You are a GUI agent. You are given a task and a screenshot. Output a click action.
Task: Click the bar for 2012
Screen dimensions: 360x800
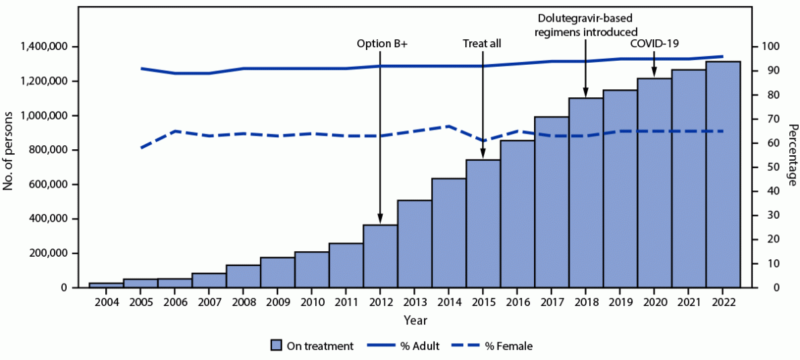pyautogui.click(x=380, y=257)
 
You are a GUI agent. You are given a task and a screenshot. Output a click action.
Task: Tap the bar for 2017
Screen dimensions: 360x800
pyautogui.click(x=552, y=203)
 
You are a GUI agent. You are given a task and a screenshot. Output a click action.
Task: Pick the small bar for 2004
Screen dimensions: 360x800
pyautogui.click(x=106, y=285)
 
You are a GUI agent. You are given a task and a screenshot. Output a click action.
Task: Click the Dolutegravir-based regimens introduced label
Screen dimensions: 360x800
pyautogui.click(x=585, y=26)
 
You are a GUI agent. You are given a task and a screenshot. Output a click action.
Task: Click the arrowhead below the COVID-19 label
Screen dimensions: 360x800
pyautogui.click(x=654, y=74)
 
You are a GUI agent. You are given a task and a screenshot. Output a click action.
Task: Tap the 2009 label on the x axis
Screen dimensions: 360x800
pyautogui.click(x=277, y=302)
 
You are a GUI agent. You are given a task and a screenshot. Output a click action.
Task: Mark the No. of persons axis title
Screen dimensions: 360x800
pyautogui.click(x=9, y=150)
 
